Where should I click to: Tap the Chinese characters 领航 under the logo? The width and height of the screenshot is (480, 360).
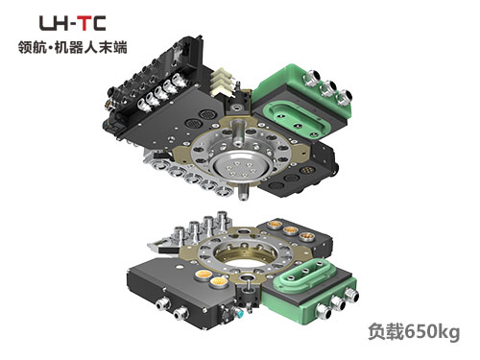[32, 47]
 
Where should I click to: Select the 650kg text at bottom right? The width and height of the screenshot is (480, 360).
[432, 332]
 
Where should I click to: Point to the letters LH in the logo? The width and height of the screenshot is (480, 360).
[55, 23]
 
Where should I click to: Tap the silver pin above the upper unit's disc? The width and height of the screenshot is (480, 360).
[239, 132]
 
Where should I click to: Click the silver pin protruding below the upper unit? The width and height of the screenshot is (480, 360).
[243, 191]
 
